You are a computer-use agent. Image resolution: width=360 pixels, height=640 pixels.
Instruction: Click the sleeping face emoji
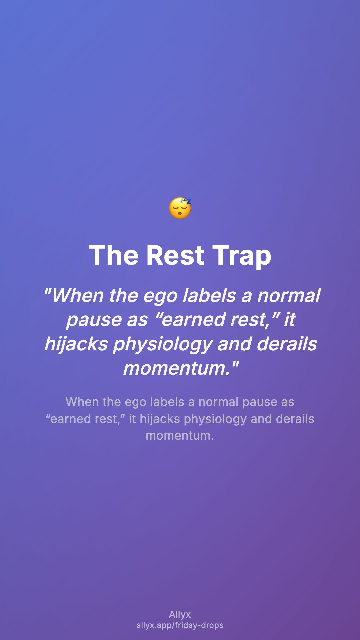coord(180,208)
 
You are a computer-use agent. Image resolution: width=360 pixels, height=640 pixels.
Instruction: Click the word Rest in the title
coord(175,255)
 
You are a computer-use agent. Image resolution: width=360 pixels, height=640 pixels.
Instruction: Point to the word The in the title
coord(113,255)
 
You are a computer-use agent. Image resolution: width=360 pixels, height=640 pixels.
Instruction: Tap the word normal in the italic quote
coord(289,295)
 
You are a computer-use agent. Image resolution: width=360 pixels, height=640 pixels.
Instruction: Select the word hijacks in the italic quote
coord(76,344)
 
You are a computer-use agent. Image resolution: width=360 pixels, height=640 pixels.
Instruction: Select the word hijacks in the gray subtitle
coord(160,419)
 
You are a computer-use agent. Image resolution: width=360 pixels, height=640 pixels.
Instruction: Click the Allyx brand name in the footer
coord(180,615)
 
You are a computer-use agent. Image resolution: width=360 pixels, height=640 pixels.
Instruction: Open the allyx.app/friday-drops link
coord(180,625)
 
